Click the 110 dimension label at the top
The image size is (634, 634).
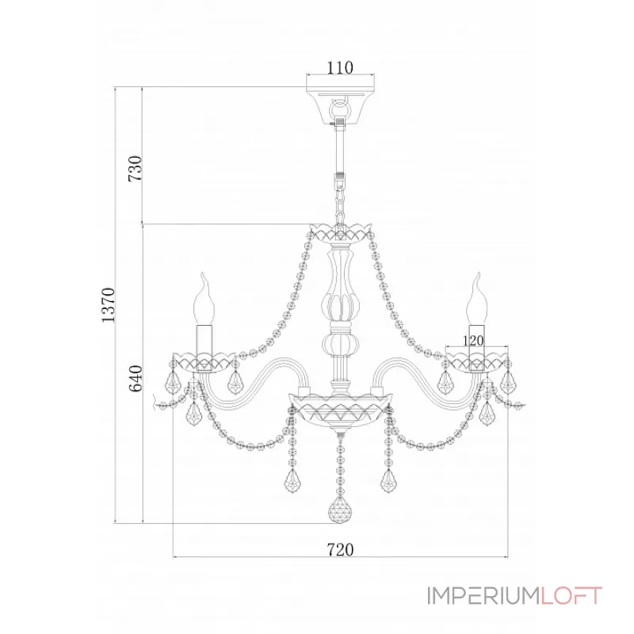(340, 67)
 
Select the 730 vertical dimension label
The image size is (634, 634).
(135, 168)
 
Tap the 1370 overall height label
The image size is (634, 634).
(108, 305)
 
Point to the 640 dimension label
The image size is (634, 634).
(136, 378)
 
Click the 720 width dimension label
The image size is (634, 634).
(340, 549)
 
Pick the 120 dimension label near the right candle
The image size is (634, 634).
(472, 341)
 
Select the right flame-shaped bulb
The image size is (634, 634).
(477, 299)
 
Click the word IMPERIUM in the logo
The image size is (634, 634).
(483, 595)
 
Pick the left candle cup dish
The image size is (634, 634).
(204, 361)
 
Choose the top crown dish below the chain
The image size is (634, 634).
(340, 233)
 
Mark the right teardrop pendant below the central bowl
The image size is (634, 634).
(388, 481)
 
